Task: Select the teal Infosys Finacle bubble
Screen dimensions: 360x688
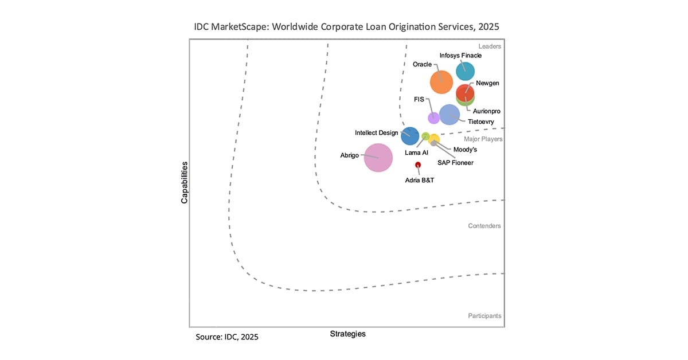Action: tap(465, 72)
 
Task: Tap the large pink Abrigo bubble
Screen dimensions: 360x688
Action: tap(378, 158)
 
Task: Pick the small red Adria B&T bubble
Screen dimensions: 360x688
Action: tap(418, 165)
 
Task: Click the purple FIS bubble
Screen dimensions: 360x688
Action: tap(434, 118)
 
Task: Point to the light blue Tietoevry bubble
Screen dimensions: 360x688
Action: tap(449, 115)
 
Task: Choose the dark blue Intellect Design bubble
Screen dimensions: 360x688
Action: tap(409, 136)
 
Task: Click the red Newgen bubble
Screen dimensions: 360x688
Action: tap(465, 92)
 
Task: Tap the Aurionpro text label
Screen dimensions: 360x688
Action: tap(486, 111)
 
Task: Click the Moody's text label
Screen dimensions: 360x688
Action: tap(465, 150)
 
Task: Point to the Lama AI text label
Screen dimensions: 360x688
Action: tap(416, 153)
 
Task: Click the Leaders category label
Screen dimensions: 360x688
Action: tap(490, 46)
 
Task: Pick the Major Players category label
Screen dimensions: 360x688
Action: tap(483, 139)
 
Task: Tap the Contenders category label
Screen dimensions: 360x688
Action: tap(484, 226)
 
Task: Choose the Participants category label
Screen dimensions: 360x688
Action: tap(484, 316)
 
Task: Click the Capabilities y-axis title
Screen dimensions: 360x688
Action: tap(185, 182)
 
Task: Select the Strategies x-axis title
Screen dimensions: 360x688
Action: tap(347, 334)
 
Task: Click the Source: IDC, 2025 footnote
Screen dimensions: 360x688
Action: tap(227, 337)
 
